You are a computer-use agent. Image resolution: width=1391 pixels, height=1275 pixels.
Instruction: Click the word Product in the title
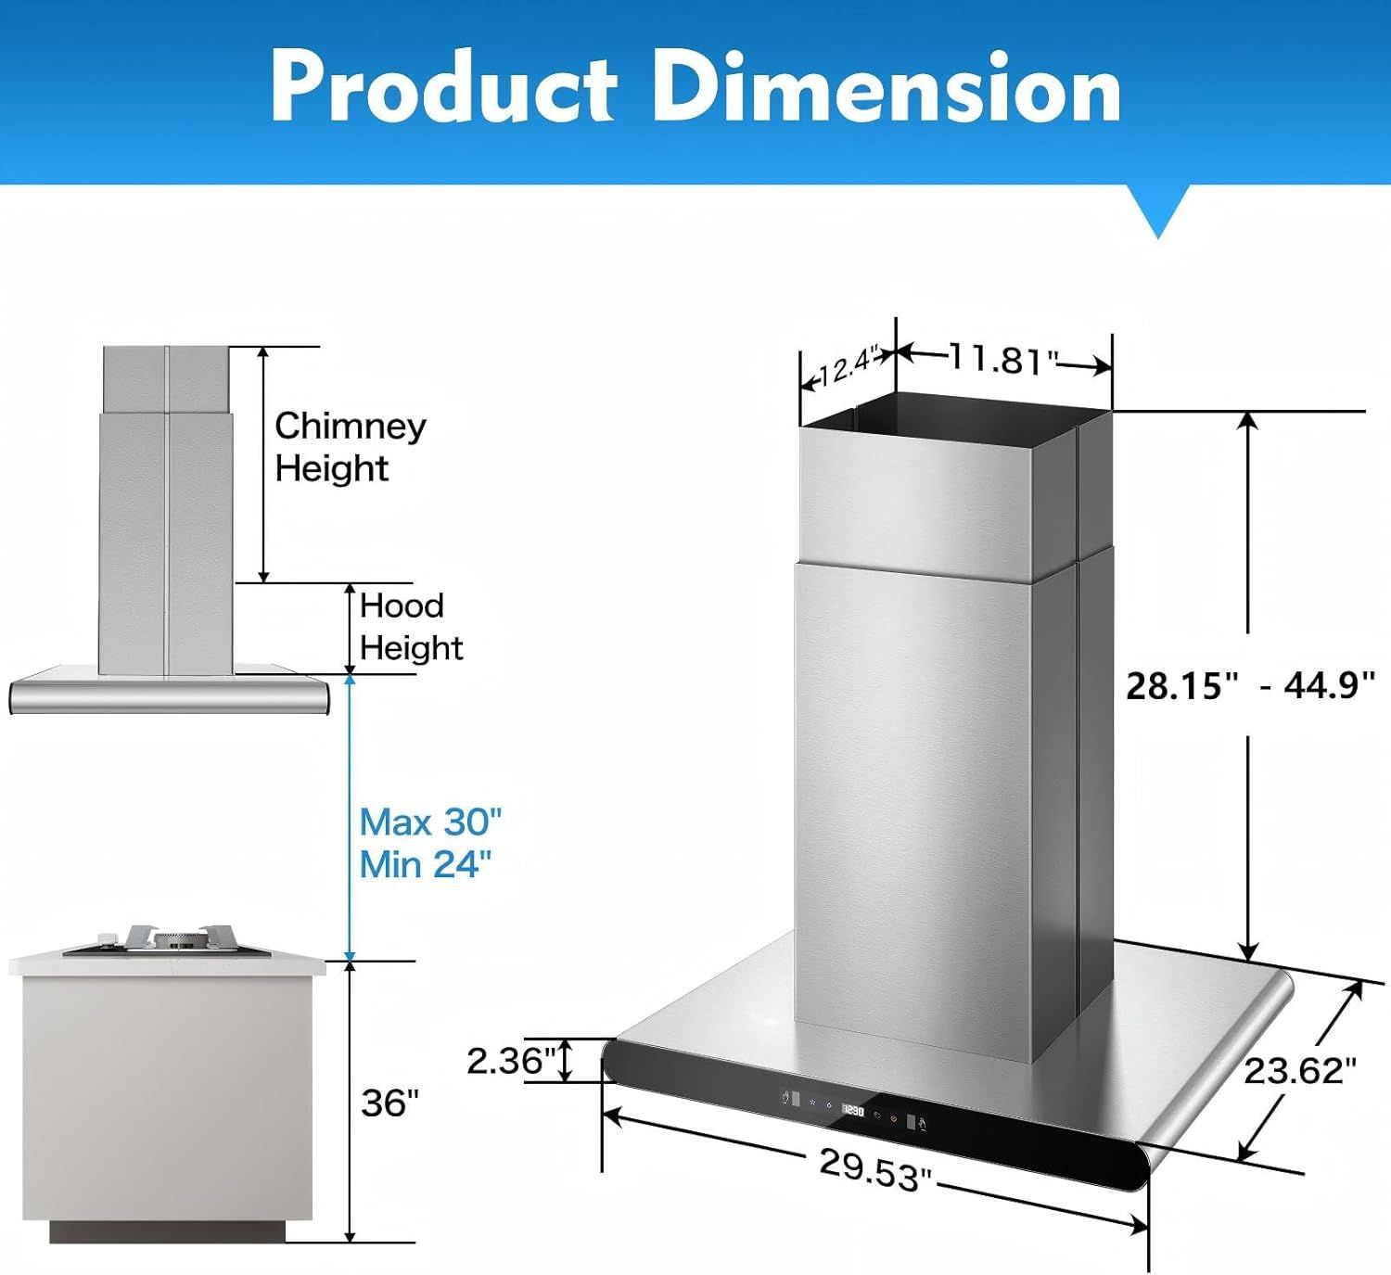tap(443, 87)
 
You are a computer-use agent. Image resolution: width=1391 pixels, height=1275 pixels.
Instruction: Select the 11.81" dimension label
tap(1003, 360)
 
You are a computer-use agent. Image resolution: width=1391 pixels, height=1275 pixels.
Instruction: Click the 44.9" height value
tap(1329, 686)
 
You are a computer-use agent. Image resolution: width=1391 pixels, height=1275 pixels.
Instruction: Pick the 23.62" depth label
tap(1299, 1070)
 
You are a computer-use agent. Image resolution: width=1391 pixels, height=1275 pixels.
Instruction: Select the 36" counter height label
tap(389, 1103)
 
